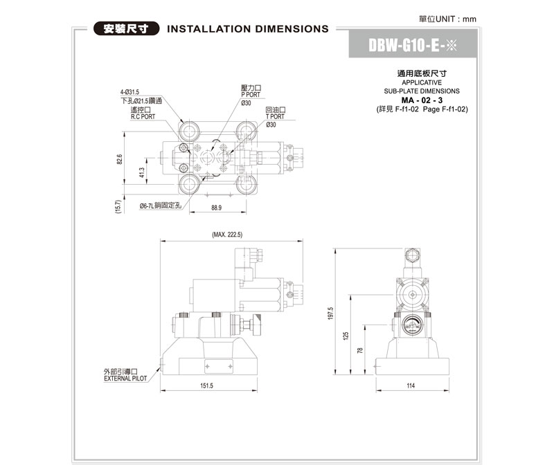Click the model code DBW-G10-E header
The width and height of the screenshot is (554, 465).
click(413, 46)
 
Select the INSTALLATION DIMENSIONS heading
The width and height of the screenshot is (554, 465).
click(248, 29)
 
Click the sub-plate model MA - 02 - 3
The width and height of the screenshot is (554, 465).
click(422, 100)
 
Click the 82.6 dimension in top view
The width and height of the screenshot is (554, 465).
click(119, 160)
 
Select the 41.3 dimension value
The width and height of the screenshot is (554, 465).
click(142, 172)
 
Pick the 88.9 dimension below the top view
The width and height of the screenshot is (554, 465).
click(216, 208)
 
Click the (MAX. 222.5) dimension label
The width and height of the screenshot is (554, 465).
click(228, 235)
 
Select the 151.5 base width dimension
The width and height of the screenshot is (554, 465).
click(206, 385)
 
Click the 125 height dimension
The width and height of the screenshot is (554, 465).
click(346, 336)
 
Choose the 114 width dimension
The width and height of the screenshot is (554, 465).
click(411, 385)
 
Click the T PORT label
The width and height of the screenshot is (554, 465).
click(275, 117)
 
